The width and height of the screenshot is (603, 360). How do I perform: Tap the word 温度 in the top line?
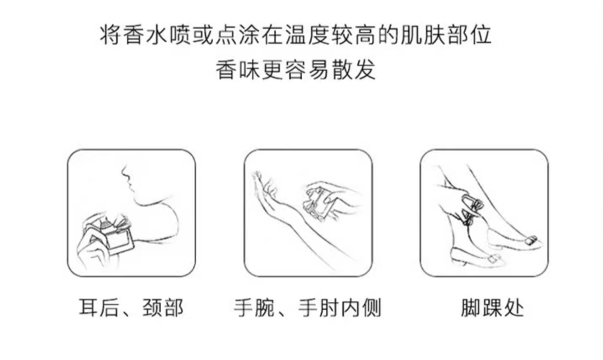pyautogui.click(x=308, y=36)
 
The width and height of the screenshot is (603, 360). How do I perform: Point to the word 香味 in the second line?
pyautogui.click(x=238, y=70)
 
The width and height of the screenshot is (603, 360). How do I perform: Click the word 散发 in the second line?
pyautogui.click(x=354, y=70)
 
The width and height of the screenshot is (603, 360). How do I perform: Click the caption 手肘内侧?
pyautogui.click(x=340, y=308)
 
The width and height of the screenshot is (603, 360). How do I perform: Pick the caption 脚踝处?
pyautogui.click(x=493, y=308)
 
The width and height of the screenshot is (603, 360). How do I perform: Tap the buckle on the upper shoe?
pyautogui.click(x=530, y=240)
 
